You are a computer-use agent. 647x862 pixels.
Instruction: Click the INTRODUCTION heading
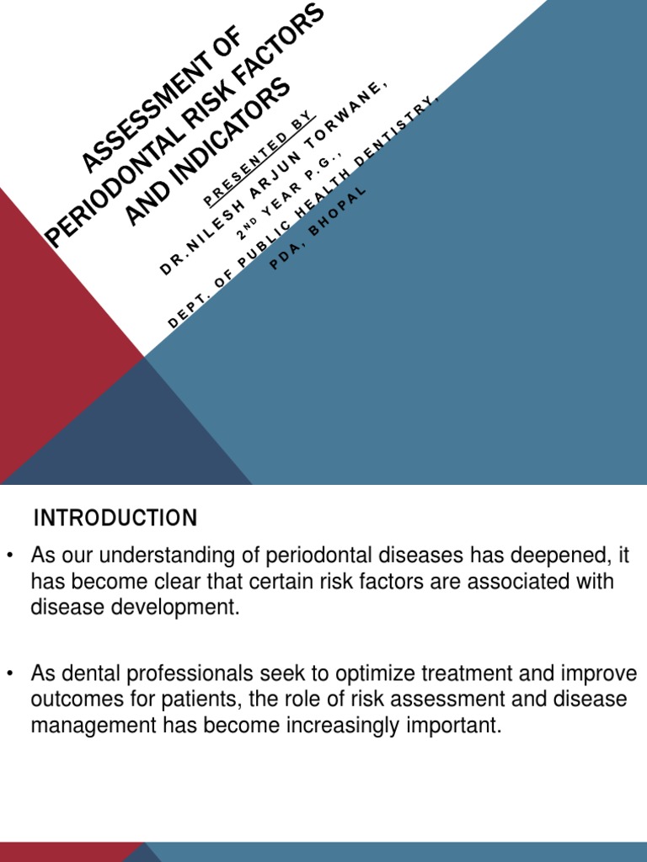115,519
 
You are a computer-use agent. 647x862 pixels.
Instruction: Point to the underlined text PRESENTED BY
258,157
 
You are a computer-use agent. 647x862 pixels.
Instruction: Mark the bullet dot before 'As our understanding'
11,556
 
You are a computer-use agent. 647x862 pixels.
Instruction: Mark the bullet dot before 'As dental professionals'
11,673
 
